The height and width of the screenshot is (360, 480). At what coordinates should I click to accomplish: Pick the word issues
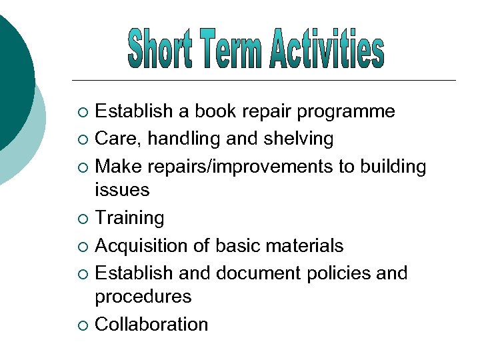[122, 190]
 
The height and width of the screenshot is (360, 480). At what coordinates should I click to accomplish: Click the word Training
[129, 218]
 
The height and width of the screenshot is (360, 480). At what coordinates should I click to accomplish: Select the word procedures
[143, 297]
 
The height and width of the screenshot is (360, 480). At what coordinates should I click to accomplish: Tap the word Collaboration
[151, 325]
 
